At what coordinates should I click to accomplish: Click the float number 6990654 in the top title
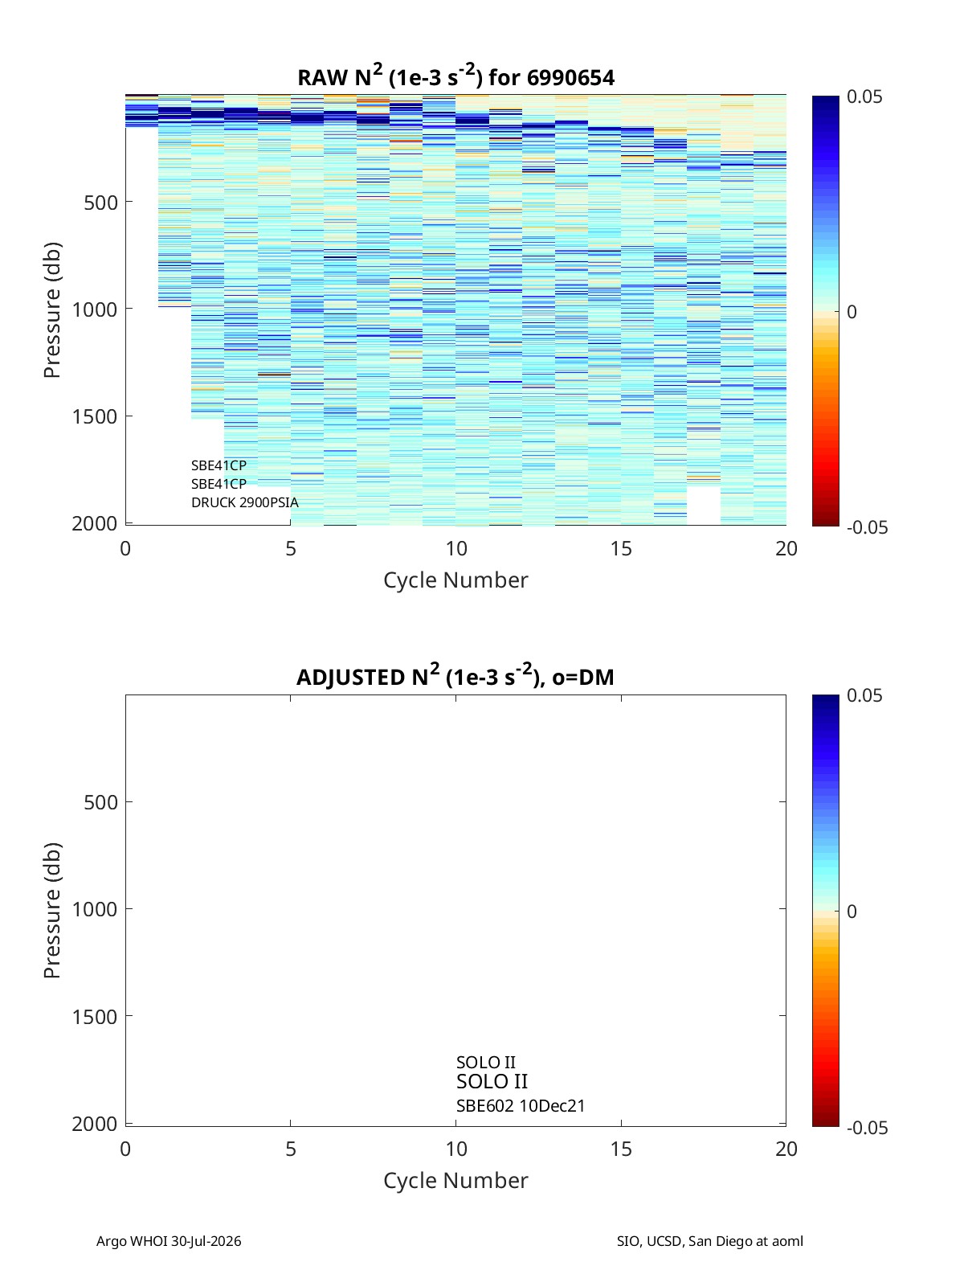tap(570, 78)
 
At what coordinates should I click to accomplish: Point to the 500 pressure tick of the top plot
tap(100, 203)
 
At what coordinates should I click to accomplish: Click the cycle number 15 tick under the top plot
tap(621, 548)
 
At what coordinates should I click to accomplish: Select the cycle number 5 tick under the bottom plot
tap(291, 1149)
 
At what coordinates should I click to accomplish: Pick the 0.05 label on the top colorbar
tap(864, 97)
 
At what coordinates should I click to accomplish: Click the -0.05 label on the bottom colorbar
tap(867, 1128)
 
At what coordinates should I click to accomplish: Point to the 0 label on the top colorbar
tap(852, 312)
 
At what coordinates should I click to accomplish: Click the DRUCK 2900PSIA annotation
tap(245, 502)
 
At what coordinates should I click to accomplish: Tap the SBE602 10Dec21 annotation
tap(521, 1106)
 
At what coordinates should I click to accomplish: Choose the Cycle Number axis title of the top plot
tap(455, 580)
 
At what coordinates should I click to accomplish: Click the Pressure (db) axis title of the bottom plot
tap(52, 910)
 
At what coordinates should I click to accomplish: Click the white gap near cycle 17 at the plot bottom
tap(704, 506)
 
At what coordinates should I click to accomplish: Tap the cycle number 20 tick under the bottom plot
tap(786, 1149)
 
